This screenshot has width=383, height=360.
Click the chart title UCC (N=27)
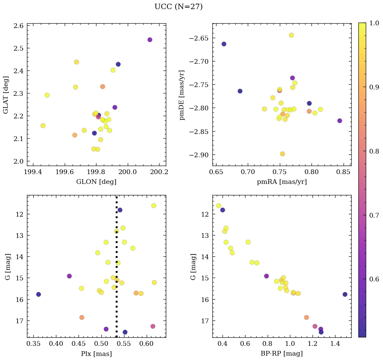pos(178,7)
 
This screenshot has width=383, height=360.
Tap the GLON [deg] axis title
pos(96,182)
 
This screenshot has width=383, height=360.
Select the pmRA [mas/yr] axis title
pos(282,182)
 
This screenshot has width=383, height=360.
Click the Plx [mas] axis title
pos(96,354)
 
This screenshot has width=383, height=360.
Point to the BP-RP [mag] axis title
pos(282,354)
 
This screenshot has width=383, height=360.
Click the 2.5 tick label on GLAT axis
pos(18,48)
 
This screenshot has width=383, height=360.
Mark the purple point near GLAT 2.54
pos(150,40)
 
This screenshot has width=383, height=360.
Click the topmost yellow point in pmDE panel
pos(291,35)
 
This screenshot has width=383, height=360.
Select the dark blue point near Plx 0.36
pos(38,294)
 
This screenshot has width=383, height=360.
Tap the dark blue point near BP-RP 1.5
pos(345,294)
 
